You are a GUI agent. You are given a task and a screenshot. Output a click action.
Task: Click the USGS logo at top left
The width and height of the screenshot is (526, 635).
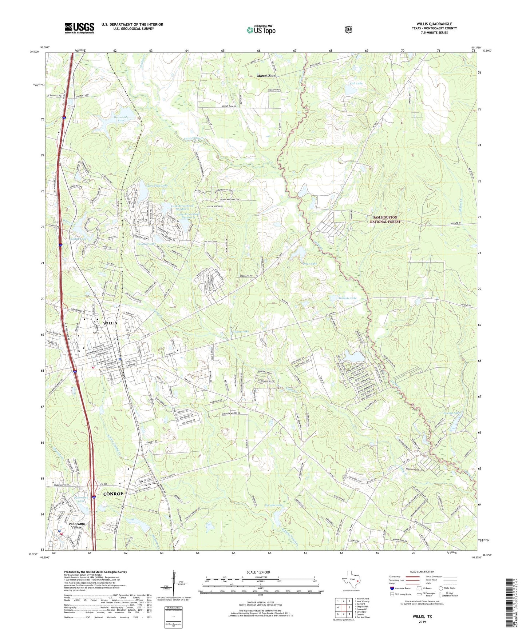[x=79, y=28]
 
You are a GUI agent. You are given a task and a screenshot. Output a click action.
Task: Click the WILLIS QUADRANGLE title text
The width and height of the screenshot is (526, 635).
[x=434, y=24]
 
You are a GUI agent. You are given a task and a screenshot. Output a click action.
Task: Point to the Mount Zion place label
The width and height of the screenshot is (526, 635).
[x=266, y=76]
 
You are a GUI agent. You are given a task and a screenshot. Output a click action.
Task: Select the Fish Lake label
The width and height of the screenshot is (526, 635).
[x=356, y=83]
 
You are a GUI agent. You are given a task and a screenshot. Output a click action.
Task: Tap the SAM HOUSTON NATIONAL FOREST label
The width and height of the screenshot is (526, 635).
[x=385, y=219]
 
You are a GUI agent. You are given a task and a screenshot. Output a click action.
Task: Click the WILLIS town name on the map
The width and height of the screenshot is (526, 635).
[x=110, y=323]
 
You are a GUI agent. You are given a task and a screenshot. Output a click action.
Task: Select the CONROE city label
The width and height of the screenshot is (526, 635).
[x=113, y=494]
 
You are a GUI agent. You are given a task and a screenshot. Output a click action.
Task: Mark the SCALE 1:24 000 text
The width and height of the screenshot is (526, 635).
[x=258, y=572]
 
